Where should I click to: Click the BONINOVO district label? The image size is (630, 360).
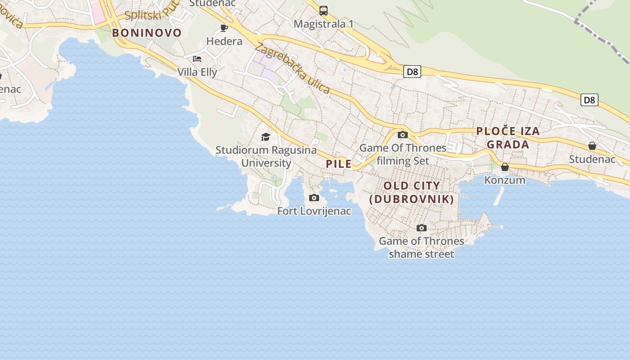pyautogui.click(x=147, y=33)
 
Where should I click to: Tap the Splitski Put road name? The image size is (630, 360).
pyautogui.click(x=148, y=13)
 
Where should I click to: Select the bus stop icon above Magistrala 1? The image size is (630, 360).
pyautogui.click(x=323, y=11)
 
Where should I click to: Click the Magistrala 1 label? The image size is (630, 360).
pyautogui.click(x=323, y=24)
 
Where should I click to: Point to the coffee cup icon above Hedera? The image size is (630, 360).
pyautogui.click(x=224, y=28)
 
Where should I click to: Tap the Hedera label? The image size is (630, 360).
pyautogui.click(x=224, y=41)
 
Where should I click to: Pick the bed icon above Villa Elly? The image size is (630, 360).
pyautogui.click(x=197, y=59)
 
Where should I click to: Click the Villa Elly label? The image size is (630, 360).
pyautogui.click(x=197, y=72)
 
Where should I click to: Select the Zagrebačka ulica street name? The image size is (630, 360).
pyautogui.click(x=292, y=68)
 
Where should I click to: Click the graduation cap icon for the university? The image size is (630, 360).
pyautogui.click(x=266, y=137)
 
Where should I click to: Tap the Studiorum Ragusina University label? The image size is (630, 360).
pyautogui.click(x=266, y=156)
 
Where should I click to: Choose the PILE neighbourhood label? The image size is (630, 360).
pyautogui.click(x=339, y=164)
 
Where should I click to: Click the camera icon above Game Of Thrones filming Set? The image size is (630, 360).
pyautogui.click(x=403, y=135)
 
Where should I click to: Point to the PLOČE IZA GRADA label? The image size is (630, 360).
pyautogui.click(x=508, y=138)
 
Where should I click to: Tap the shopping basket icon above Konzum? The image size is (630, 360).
pyautogui.click(x=505, y=167)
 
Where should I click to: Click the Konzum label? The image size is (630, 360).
pyautogui.click(x=505, y=180)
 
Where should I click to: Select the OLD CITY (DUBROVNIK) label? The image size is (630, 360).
pyautogui.click(x=412, y=192)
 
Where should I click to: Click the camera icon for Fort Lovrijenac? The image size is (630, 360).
pyautogui.click(x=314, y=198)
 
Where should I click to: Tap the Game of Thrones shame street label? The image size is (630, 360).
pyautogui.click(x=421, y=247)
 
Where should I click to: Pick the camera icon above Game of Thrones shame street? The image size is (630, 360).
pyautogui.click(x=421, y=228)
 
